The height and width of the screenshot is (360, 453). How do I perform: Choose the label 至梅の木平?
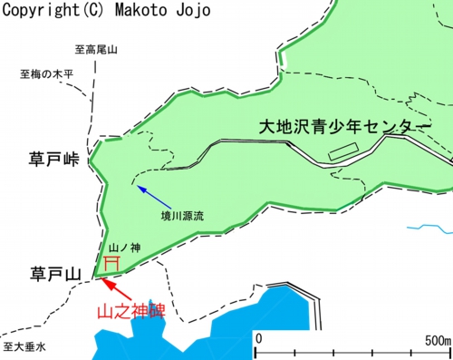tap(45, 74)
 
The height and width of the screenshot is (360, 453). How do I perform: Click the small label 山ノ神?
tap(120, 247)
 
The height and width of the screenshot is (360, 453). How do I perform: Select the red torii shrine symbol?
tap(112, 262)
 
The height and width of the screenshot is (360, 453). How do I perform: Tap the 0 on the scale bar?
tap(258, 338)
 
